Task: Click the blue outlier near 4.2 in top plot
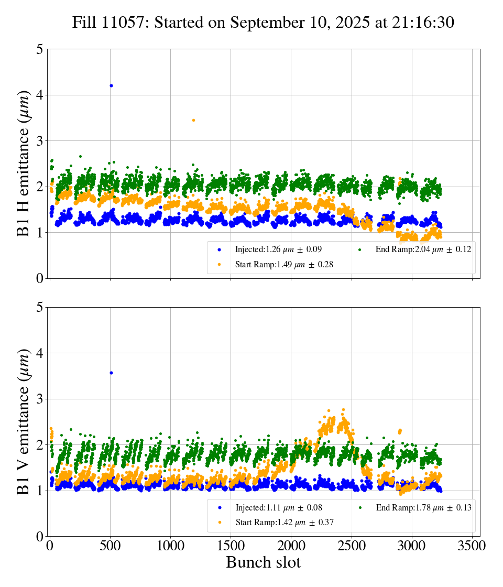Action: tap(111, 85)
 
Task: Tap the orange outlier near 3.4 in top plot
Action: tap(193, 121)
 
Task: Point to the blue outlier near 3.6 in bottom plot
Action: tap(111, 373)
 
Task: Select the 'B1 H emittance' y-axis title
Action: tap(24, 163)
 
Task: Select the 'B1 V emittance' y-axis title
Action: tap(24, 421)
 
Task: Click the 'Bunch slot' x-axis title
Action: tap(263, 563)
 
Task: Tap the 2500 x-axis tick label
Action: tap(352, 546)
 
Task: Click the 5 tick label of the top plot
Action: tap(40, 50)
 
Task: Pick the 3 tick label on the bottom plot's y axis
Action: tap(40, 399)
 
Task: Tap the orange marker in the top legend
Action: tap(219, 265)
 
